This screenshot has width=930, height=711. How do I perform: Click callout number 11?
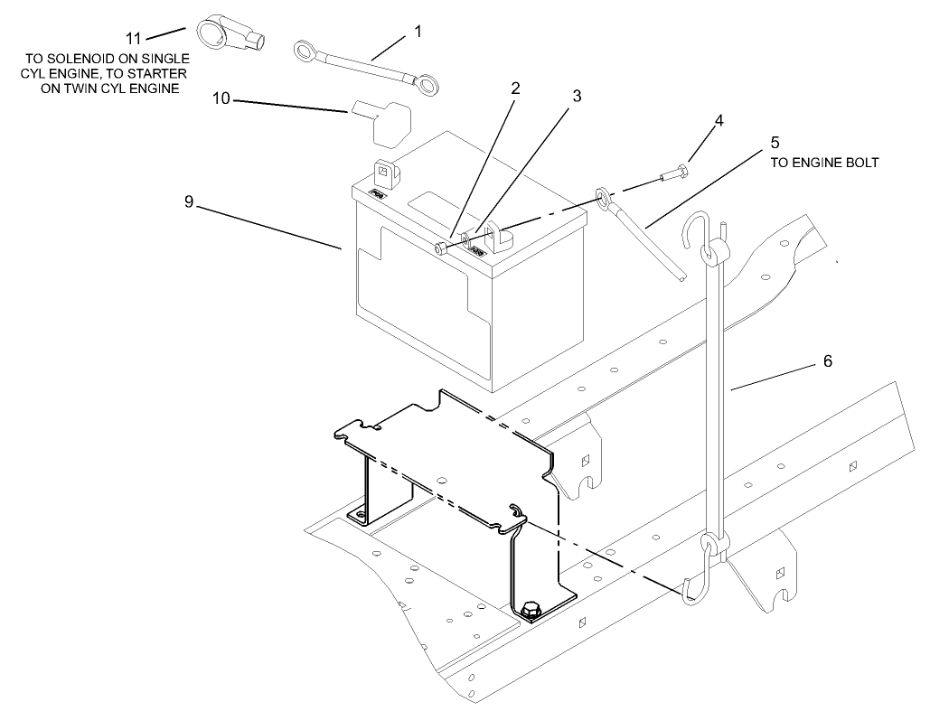coord(134,38)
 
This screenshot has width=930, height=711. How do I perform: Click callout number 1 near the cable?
coord(418,31)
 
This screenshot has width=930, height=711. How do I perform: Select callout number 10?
coord(221,98)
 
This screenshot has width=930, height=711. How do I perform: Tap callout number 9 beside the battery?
coord(189,202)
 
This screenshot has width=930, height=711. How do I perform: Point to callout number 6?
coord(827,361)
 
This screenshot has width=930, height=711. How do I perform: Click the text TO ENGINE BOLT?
coord(823,164)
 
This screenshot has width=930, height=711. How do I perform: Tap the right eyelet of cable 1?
coord(429,85)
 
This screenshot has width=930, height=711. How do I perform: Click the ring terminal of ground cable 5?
coord(603,197)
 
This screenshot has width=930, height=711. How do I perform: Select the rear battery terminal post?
coord(384,170)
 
